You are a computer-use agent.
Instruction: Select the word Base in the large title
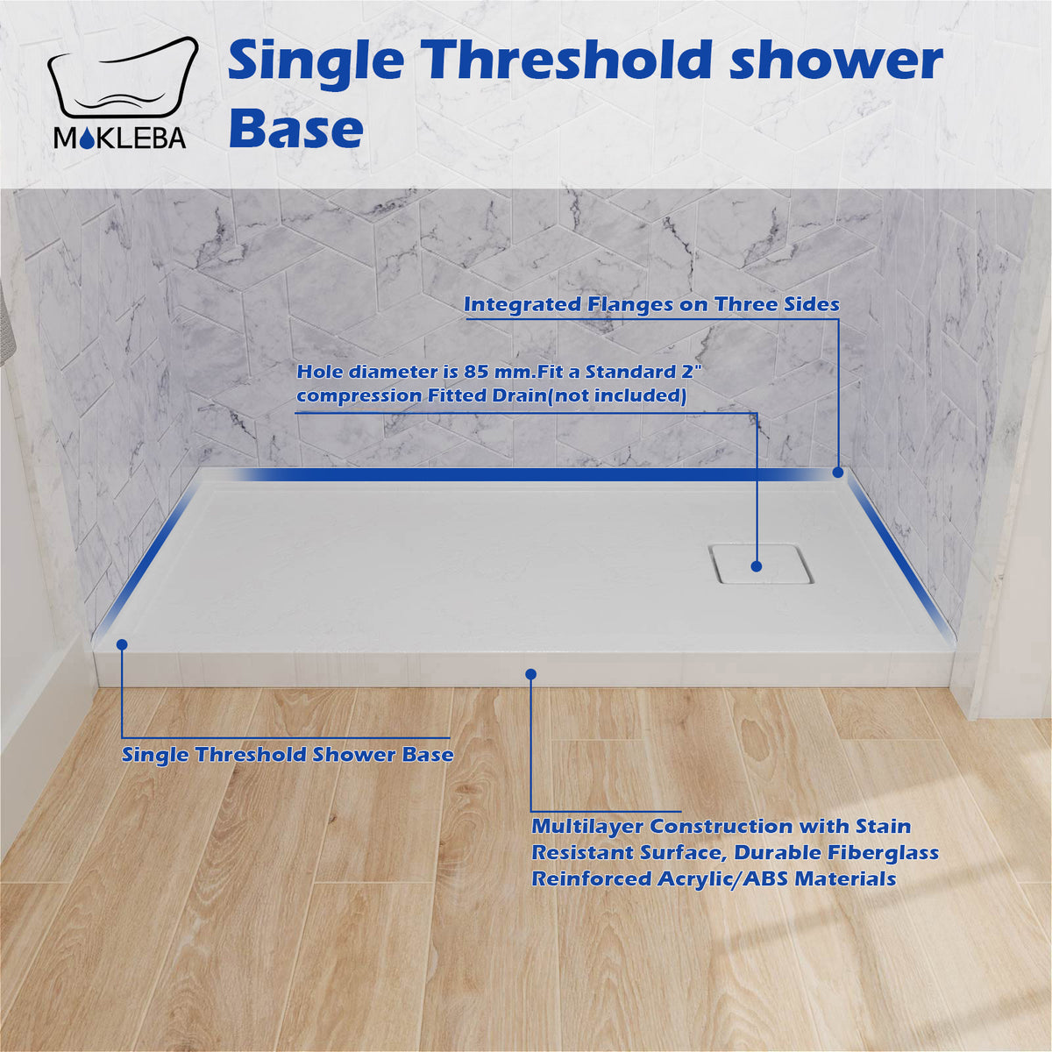(295, 129)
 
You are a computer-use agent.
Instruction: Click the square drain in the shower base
(760, 565)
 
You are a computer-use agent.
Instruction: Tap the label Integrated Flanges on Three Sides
(651, 304)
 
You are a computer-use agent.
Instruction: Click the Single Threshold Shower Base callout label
(288, 754)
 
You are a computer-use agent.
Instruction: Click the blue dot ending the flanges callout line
(838, 472)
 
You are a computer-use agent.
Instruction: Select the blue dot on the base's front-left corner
(122, 643)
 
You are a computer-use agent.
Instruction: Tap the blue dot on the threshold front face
(530, 673)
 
